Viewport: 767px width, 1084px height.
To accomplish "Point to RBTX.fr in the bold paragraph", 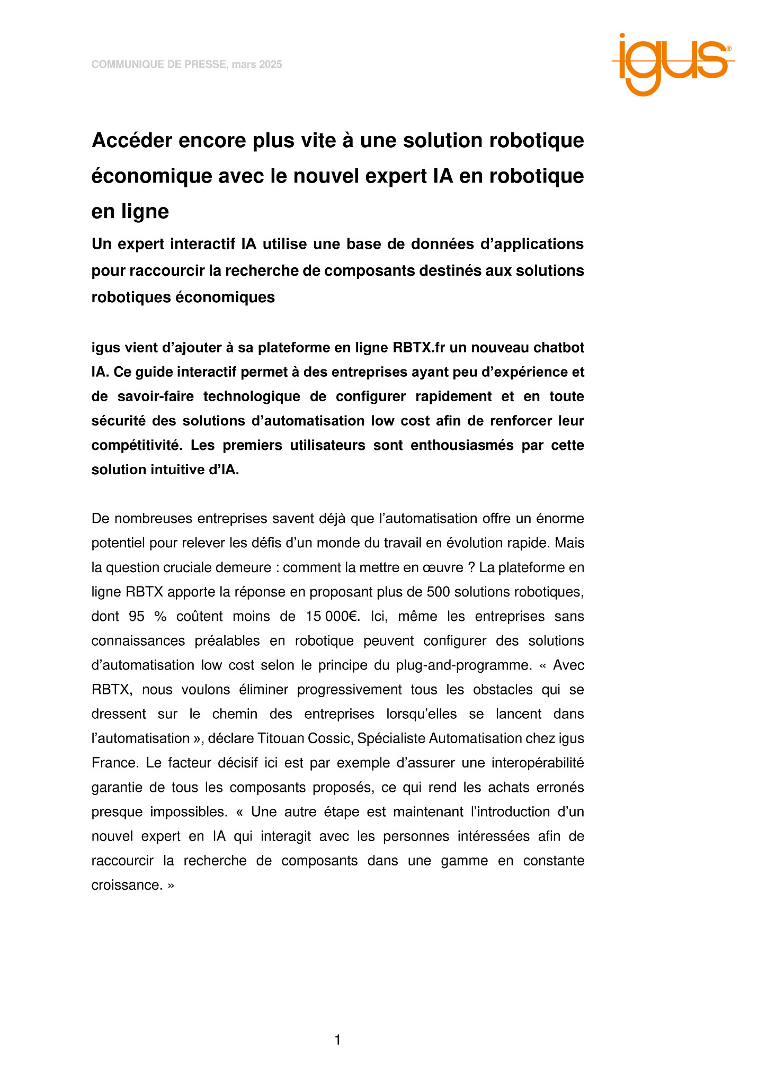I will [418, 348].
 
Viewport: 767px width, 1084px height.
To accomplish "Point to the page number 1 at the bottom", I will [338, 1040].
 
